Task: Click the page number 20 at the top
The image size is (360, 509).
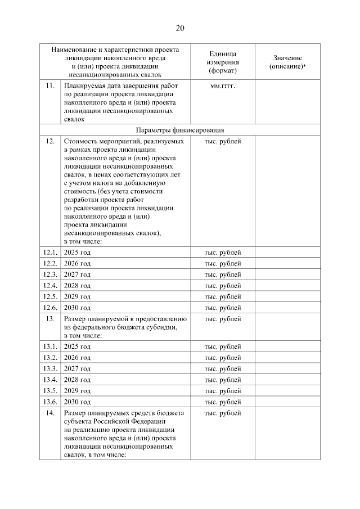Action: point(180,28)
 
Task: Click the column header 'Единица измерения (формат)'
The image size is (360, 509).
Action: point(223,61)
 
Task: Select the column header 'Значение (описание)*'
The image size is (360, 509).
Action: point(287,62)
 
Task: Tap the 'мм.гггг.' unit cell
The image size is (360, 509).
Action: point(223,85)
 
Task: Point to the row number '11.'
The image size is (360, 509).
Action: point(50,85)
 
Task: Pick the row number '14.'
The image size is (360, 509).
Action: point(50,413)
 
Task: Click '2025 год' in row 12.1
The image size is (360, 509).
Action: point(78,252)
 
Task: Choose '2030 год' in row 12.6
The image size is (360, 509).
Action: point(78,308)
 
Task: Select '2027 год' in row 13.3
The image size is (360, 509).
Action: point(78,368)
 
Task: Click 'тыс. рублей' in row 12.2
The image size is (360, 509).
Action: point(223,263)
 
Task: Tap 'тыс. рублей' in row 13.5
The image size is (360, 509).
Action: point(223,391)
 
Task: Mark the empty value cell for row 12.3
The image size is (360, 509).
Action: point(287,274)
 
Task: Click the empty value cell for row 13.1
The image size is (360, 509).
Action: point(287,346)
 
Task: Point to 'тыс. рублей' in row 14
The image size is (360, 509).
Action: point(223,413)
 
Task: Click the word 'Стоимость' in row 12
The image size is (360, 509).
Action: point(80,141)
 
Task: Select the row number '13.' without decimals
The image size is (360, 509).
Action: point(50,319)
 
